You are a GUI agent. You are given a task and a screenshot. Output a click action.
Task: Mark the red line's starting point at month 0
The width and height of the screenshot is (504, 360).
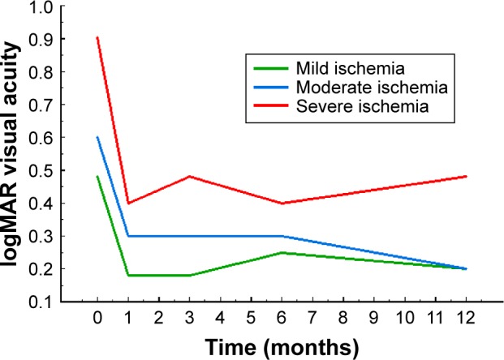click(x=97, y=37)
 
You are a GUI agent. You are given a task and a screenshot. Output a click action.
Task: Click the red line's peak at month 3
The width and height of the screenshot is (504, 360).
click(x=189, y=176)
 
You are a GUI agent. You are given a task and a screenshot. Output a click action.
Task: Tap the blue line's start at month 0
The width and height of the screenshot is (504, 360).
click(x=97, y=137)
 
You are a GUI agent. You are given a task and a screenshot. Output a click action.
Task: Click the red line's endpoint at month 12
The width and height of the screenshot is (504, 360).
click(x=466, y=176)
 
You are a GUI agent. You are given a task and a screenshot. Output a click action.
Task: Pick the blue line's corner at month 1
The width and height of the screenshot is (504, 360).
click(x=128, y=236)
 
